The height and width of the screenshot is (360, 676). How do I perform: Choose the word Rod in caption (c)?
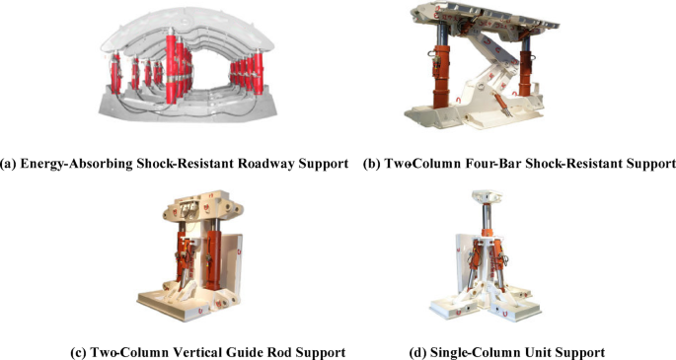coord(280,351)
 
